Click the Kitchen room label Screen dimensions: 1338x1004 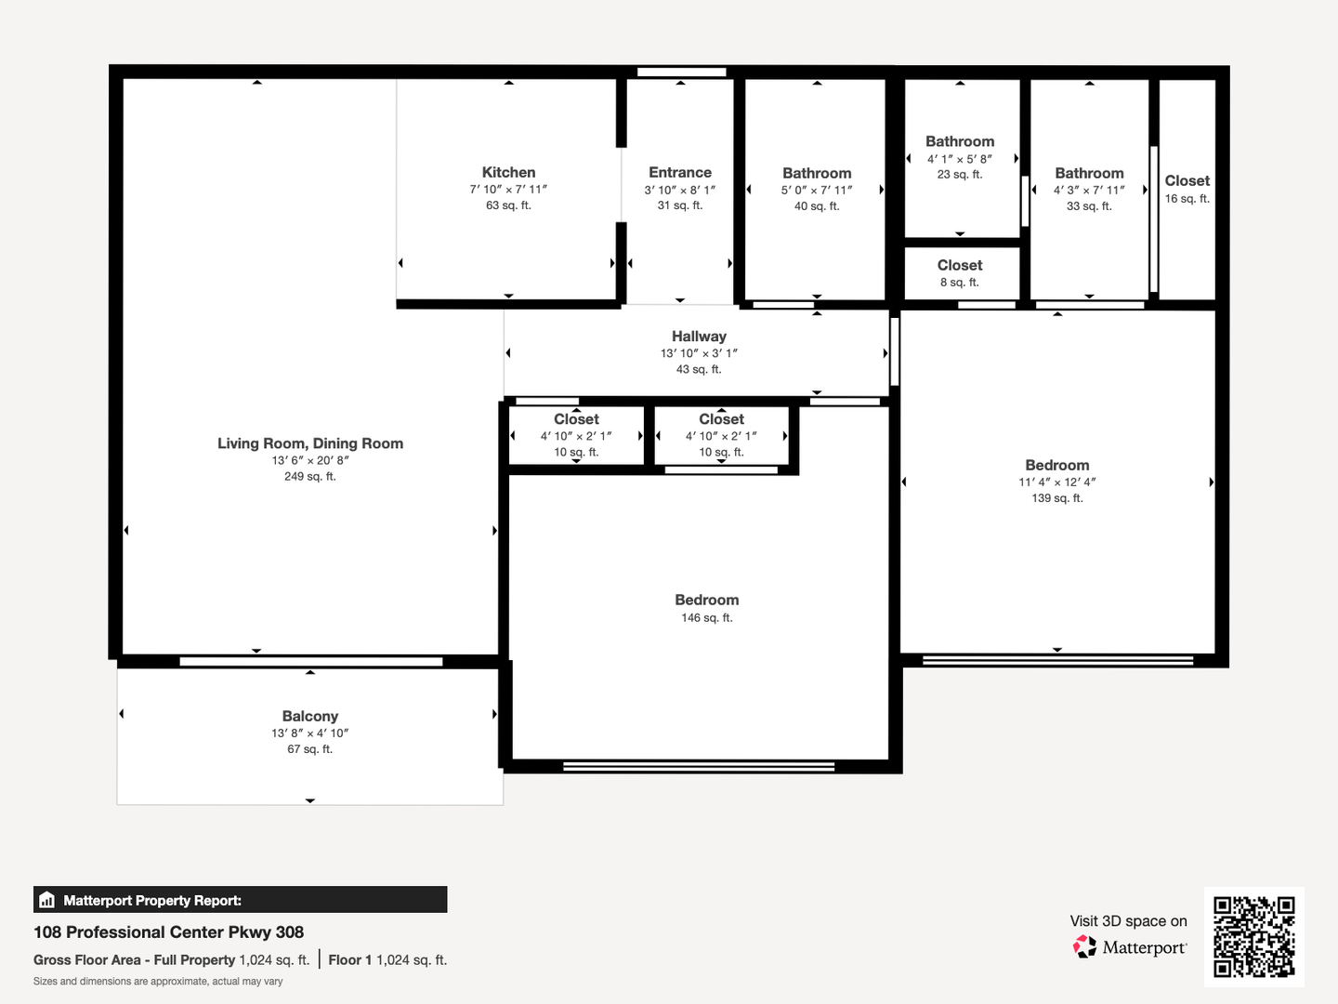coord(508,173)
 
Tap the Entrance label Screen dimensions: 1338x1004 coord(679,173)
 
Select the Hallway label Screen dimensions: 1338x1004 coord(699,337)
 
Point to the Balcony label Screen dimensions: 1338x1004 coord(309,716)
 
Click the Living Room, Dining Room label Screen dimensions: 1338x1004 coord(310,443)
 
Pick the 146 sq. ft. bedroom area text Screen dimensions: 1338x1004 coord(706,617)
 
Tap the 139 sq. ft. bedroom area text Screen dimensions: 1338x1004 coord(1057,498)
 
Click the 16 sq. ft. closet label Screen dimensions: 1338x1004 coord(1187,199)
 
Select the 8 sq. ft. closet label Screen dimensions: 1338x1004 coord(960,283)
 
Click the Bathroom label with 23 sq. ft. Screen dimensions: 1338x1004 coord(960,141)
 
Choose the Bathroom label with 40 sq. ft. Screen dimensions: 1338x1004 coord(817,173)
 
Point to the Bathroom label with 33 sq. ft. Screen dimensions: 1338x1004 coord(1089,173)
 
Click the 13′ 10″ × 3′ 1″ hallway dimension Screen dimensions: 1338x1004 coord(699,353)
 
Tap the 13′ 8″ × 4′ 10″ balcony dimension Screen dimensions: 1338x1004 coord(309,733)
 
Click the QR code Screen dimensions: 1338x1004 coord(1253,937)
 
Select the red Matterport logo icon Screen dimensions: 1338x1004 coord(1083,946)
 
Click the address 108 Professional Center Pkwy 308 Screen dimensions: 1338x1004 coord(168,932)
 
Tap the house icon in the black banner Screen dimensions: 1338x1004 coord(47,900)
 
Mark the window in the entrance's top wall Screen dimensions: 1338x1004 coord(681,72)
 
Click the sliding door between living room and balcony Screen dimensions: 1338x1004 coord(311,661)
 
